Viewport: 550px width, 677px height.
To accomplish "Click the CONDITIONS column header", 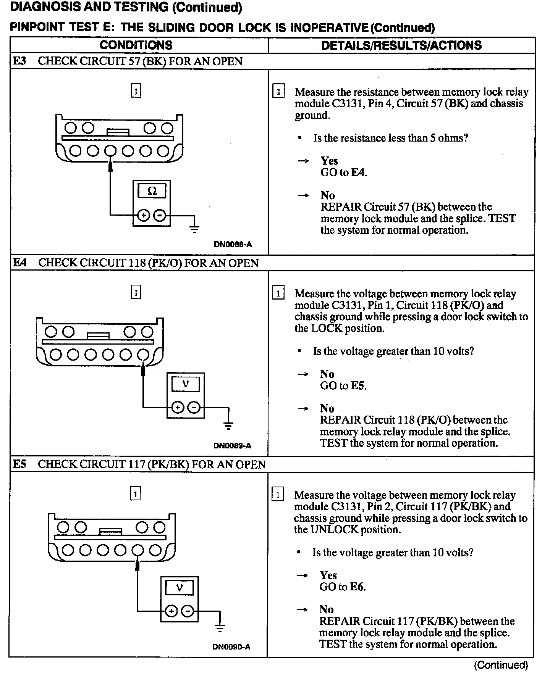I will pyautogui.click(x=136, y=45).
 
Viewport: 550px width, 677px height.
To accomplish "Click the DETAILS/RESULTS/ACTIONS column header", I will pyautogui.click(x=401, y=45).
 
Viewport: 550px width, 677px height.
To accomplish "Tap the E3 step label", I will pyautogui.click(x=20, y=61).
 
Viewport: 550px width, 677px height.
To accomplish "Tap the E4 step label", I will pyautogui.click(x=20, y=263).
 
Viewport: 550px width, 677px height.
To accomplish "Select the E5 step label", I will pyautogui.click(x=20, y=464).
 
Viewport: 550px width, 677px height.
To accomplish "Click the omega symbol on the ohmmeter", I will pyautogui.click(x=152, y=191).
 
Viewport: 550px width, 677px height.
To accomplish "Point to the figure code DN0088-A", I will pyautogui.click(x=233, y=244).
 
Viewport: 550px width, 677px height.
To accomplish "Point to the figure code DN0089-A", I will pyautogui.click(x=232, y=446).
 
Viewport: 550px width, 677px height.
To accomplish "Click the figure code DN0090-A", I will pyautogui.click(x=231, y=647).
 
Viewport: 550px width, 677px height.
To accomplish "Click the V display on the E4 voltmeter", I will pyautogui.click(x=186, y=383).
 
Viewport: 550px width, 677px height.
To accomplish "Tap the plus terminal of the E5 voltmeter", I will pyautogui.click(x=171, y=611).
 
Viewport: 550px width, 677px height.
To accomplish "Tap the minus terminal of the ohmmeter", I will pyautogui.click(x=160, y=216).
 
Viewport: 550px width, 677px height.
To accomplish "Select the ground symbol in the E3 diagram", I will pyautogui.click(x=194, y=229).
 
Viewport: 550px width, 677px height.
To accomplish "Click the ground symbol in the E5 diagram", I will pyautogui.click(x=220, y=629).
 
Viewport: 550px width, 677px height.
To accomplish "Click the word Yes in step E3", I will pyautogui.click(x=329, y=161).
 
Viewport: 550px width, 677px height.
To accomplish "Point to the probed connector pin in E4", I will pyautogui.click(x=143, y=355).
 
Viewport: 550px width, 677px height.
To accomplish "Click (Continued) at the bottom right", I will pyautogui.click(x=501, y=665).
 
